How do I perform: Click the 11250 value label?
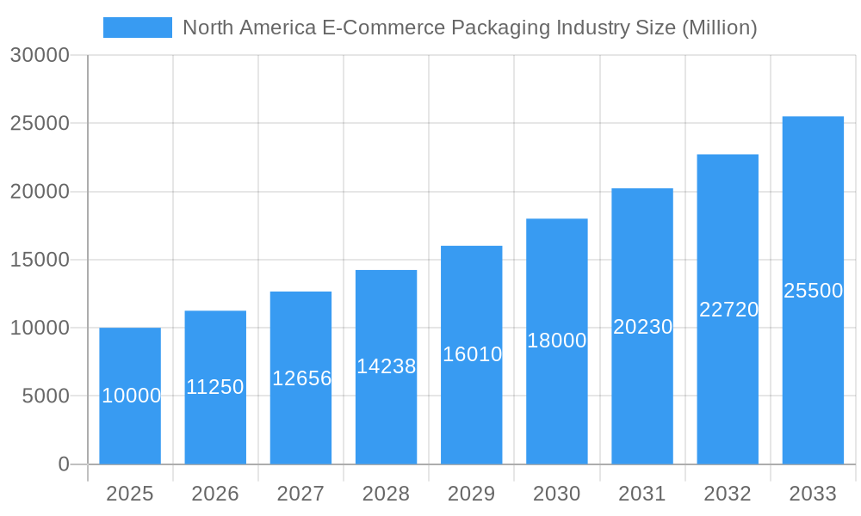(215, 387)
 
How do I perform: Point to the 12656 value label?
(301, 378)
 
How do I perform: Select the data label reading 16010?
(472, 353)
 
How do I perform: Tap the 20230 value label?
(642, 327)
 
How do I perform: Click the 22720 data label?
(728, 310)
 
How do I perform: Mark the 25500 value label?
(813, 291)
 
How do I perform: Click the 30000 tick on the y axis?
(40, 55)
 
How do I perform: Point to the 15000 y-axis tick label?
(40, 260)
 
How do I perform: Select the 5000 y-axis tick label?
(45, 396)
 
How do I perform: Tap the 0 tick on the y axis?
(64, 464)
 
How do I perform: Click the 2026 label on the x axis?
(215, 494)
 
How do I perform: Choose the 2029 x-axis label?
(472, 494)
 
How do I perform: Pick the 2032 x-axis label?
(728, 494)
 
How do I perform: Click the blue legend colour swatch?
(138, 28)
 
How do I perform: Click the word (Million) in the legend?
(719, 28)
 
